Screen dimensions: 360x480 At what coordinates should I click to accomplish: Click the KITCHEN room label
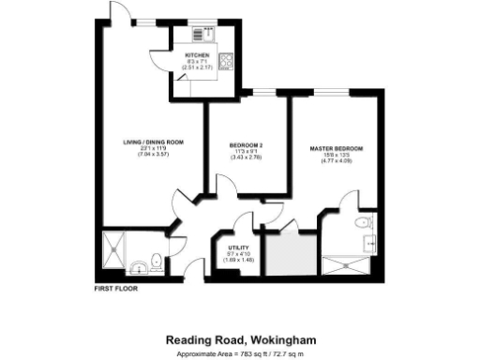click(x=197, y=57)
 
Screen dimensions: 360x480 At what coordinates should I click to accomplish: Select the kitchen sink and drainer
click(x=199, y=35)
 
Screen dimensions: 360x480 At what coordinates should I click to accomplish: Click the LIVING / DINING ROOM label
click(x=153, y=142)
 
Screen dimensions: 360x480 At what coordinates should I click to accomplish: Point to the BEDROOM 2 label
click(x=246, y=144)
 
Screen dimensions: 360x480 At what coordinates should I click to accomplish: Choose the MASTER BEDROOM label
click(x=336, y=149)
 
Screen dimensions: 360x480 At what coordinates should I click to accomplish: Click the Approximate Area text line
click(x=239, y=353)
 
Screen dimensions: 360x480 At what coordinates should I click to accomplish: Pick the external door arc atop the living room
click(x=118, y=11)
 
